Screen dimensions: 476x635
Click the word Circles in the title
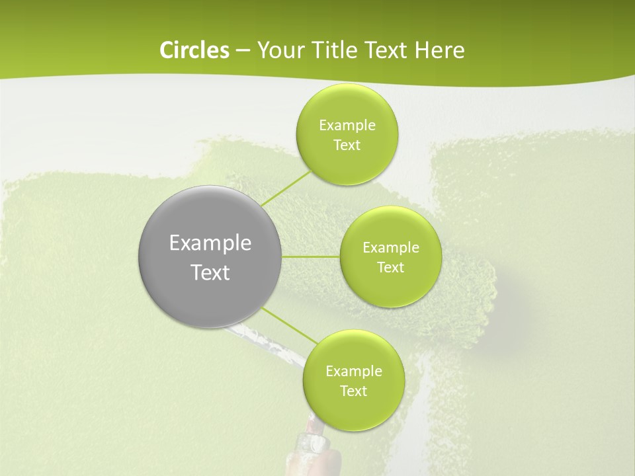(194, 50)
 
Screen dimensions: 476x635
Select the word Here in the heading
(441, 50)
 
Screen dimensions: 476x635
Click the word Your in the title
(280, 50)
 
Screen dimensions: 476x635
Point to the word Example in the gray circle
(210, 243)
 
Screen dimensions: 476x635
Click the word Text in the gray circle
(210, 272)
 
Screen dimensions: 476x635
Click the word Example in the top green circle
(347, 126)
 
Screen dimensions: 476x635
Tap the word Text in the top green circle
(347, 145)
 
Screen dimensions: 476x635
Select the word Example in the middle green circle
(391, 248)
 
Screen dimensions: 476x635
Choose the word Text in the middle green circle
(391, 268)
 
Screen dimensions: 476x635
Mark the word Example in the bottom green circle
(353, 372)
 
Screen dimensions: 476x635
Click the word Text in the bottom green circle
(353, 391)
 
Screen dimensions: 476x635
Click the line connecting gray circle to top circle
(286, 188)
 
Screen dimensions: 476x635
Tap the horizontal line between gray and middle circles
(311, 257)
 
